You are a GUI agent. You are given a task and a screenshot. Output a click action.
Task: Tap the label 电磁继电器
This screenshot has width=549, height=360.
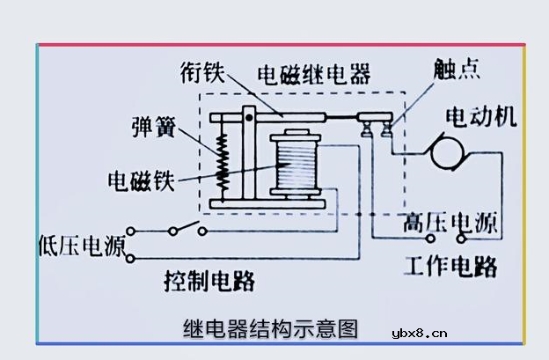pos(314,71)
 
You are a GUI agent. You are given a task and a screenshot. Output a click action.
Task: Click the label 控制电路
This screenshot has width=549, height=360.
pos(209,281)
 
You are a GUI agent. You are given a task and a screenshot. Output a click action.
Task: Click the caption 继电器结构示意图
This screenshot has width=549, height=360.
pos(271,329)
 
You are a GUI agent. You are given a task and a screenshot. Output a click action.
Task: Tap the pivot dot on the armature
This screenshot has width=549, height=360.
pos(249,116)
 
